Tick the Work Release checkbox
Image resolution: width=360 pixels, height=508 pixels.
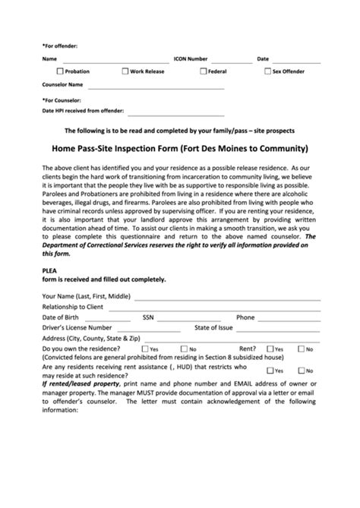click(x=125, y=71)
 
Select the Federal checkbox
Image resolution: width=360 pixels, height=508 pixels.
click(x=203, y=71)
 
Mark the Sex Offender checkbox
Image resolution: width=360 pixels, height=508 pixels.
click(x=267, y=71)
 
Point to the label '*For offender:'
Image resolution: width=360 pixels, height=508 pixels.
click(x=60, y=45)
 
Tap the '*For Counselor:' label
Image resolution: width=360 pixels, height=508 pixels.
click(x=62, y=99)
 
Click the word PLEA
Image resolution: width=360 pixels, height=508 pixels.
click(x=50, y=269)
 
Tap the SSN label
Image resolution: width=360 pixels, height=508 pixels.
click(x=149, y=317)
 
